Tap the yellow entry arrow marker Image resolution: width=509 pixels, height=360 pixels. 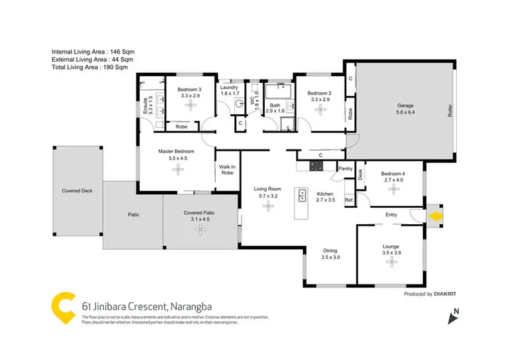coord(435,216)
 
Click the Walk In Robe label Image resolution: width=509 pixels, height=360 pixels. coord(227,169)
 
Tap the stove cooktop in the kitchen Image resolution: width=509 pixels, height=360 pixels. coord(316,165)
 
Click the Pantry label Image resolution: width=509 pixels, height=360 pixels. coord(345,169)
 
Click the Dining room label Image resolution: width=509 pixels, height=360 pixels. coord(329,251)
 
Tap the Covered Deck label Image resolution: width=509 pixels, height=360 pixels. coord(77,191)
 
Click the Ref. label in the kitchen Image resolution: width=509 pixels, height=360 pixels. coord(349,200)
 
